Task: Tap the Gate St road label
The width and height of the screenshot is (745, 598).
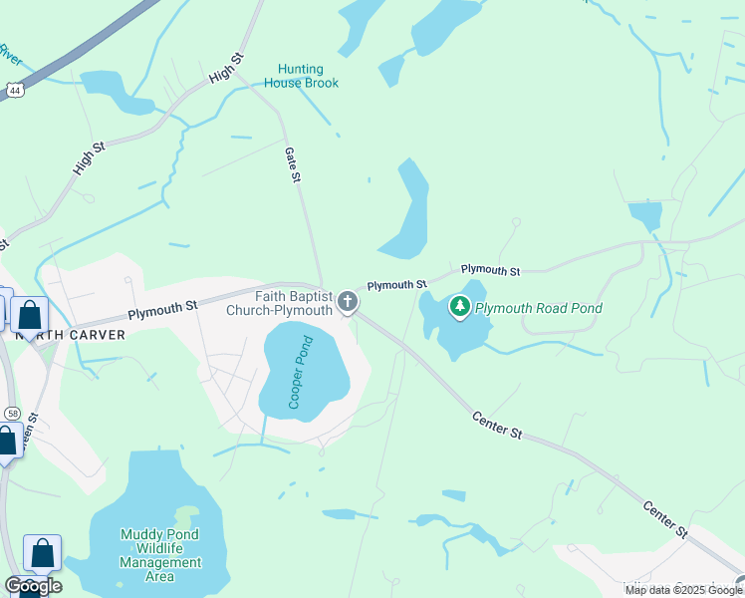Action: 293,163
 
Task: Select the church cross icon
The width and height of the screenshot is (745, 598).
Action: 347,301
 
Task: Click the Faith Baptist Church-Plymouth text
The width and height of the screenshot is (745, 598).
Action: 293,303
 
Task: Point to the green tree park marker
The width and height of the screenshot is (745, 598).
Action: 459,306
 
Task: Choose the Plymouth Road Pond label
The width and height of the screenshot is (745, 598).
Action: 539,308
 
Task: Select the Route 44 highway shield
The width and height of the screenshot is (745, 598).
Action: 13,90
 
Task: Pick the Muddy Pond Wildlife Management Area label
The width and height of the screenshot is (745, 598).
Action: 159,555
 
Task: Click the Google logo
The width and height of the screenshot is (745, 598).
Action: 32,586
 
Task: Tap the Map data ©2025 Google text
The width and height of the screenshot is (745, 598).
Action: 682,590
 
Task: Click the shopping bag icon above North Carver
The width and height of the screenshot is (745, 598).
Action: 30,315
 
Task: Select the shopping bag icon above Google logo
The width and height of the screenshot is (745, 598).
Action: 43,553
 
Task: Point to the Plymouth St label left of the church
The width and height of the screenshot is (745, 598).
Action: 163,307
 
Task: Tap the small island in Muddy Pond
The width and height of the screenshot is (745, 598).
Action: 185,516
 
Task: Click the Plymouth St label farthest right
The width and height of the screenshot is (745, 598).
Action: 490,270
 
